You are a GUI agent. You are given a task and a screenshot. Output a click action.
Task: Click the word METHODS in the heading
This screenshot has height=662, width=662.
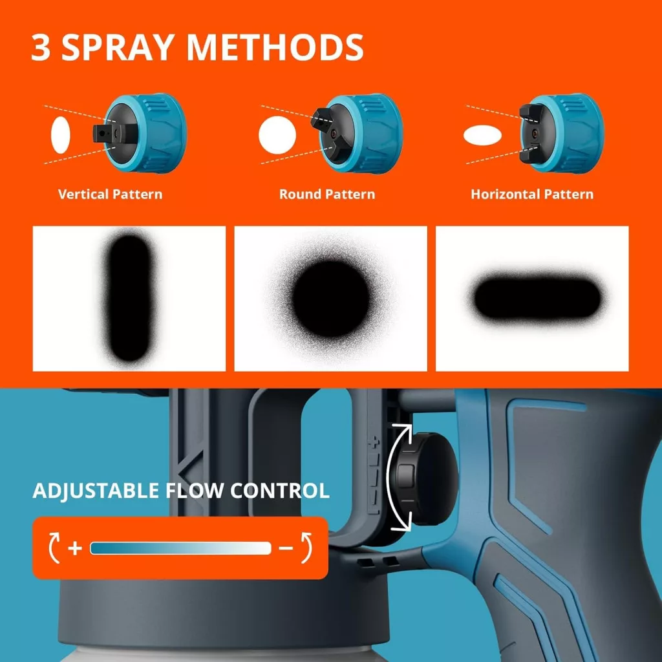pos(274,47)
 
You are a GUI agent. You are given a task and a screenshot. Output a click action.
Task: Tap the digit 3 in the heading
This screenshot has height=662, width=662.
pos(41,47)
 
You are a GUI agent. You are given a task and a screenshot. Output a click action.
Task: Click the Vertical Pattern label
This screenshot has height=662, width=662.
pos(110,194)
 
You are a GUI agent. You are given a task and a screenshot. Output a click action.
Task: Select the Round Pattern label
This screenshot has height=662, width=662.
pos(327,194)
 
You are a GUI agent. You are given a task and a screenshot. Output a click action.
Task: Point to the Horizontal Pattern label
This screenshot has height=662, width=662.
pos(532,194)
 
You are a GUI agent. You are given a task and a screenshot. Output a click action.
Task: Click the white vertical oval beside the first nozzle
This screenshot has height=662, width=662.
pos(60,134)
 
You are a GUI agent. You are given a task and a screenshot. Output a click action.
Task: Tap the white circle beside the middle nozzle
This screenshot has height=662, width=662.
pos(277,135)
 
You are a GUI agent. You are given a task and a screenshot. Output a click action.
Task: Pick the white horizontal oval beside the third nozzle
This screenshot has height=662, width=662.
pos(482,136)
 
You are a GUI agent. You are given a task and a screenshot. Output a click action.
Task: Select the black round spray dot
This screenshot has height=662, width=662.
pos(330,299)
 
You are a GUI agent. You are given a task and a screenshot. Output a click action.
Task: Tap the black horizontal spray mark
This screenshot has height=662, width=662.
pos(537,298)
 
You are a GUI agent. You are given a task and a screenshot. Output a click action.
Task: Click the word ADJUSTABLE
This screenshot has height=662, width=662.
pos(96,491)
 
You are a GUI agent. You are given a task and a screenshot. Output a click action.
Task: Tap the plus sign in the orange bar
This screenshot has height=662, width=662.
pos(75,548)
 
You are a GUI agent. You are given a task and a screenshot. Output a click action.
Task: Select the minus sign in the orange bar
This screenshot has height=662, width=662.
pos(286,548)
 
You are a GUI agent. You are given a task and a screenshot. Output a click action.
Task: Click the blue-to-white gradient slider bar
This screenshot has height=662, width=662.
pos(181,548)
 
